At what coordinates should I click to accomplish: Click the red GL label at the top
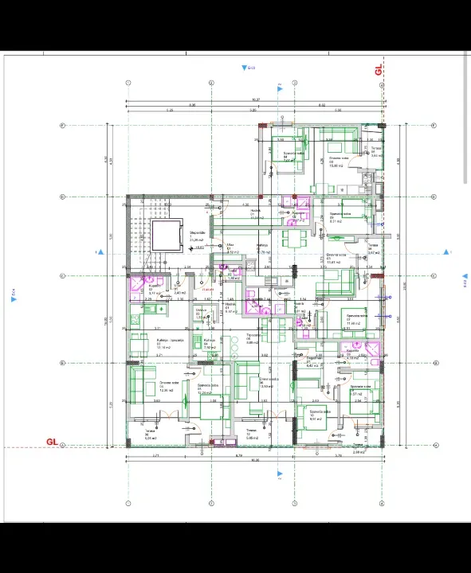[379, 69]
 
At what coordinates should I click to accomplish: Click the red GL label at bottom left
[52, 441]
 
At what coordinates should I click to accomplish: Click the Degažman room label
[313, 361]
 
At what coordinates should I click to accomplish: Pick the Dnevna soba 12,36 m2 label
[145, 387]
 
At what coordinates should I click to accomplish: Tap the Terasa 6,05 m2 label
[149, 435]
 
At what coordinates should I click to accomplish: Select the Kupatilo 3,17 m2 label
[155, 290]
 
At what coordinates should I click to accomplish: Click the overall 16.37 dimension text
[256, 99]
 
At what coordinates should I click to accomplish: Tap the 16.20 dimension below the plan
[254, 460]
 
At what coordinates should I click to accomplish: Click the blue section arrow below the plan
[279, 474]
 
